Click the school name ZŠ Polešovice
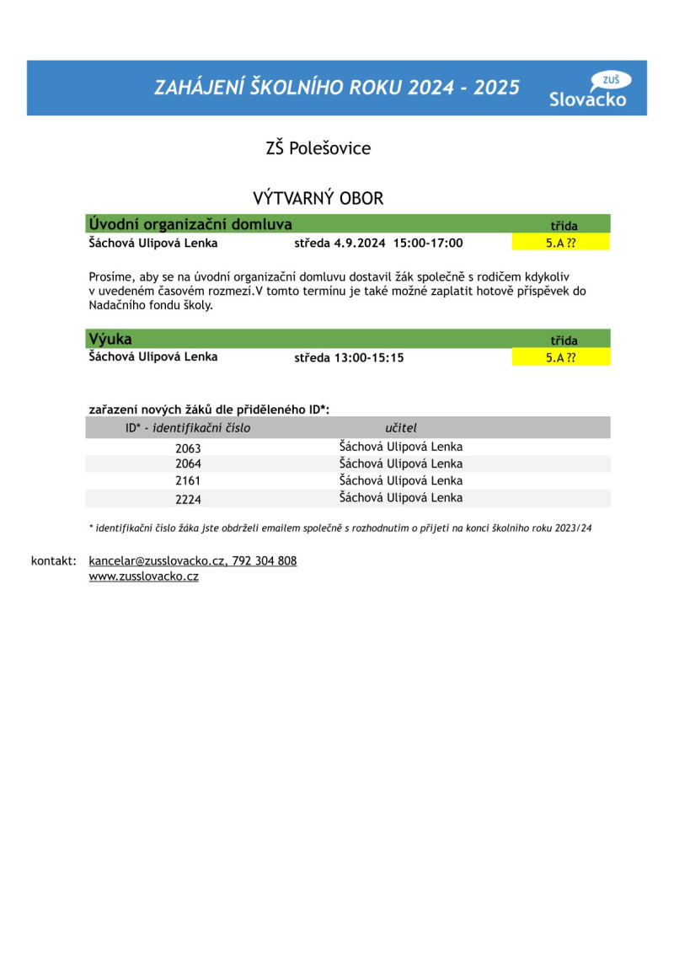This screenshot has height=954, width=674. [318, 148]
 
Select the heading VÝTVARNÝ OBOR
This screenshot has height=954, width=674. [318, 199]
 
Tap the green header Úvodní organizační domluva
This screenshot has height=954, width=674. [190, 224]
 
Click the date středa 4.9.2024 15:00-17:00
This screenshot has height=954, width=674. [378, 244]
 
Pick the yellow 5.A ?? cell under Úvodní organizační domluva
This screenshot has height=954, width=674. [560, 244]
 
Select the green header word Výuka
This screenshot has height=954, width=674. [110, 340]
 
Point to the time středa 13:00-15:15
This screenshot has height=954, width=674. [349, 357]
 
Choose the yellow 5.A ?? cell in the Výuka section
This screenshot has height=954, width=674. [560, 357]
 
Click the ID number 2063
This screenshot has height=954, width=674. [188, 448]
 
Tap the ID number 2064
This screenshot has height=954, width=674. [188, 464]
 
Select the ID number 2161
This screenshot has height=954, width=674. [188, 481]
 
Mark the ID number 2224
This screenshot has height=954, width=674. [188, 499]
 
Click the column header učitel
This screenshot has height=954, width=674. [400, 428]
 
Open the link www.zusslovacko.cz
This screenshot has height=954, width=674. [143, 576]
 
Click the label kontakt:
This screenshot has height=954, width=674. [54, 560]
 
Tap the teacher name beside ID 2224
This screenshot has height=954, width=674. [400, 497]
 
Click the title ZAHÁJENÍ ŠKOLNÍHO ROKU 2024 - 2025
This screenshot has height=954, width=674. [336, 88]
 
